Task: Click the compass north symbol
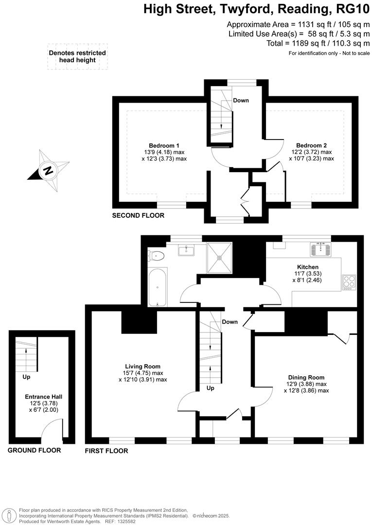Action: coord(48,171)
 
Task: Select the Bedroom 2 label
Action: coord(311,145)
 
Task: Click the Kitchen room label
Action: coord(308,267)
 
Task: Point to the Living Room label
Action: coord(142,367)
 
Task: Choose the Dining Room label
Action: coord(306,377)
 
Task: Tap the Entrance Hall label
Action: coord(43,397)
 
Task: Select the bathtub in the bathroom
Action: coord(158,287)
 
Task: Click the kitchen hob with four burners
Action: coord(349,282)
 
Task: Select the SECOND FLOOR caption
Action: coord(138,215)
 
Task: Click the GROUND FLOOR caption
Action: coord(34,451)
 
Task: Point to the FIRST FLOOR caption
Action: coord(106,451)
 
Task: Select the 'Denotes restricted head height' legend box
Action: coord(77,57)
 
